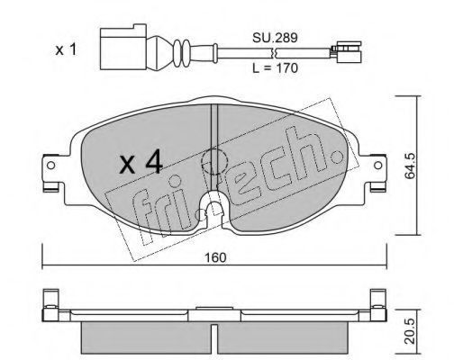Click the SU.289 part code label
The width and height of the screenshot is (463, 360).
(x=275, y=38)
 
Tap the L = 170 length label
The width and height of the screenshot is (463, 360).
(x=275, y=68)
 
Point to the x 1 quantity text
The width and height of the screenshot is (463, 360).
(x=66, y=49)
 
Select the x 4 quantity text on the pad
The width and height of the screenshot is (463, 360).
(x=141, y=164)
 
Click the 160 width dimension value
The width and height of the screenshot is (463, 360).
(x=215, y=257)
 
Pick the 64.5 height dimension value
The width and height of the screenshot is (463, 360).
(x=410, y=166)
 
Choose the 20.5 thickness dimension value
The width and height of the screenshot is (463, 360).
(x=410, y=331)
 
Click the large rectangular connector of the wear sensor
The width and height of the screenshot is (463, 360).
(x=123, y=48)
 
